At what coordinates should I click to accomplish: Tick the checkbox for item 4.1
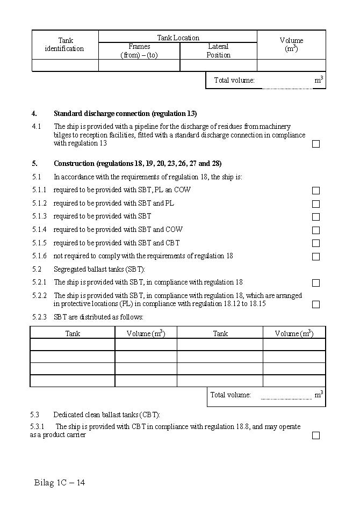click(316, 144)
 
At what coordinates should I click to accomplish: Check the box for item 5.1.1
click(316, 191)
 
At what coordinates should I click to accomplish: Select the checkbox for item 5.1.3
click(316, 217)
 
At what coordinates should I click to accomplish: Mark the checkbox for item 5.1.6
click(316, 257)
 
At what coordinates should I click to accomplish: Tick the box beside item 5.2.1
click(316, 283)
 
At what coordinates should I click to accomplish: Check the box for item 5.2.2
click(316, 304)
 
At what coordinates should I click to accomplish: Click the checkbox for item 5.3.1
click(316, 435)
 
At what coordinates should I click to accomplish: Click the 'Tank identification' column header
click(65, 45)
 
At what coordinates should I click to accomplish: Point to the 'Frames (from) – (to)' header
click(139, 51)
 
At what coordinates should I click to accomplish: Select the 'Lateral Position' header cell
click(218, 51)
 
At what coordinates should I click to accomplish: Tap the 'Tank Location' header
click(178, 38)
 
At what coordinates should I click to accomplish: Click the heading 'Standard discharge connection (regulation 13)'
click(125, 114)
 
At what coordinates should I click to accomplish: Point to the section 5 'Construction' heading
click(137, 164)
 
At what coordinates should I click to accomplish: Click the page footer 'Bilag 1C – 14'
click(60, 483)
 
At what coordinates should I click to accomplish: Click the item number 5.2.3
click(39, 317)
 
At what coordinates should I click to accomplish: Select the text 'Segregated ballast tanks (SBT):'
click(99, 270)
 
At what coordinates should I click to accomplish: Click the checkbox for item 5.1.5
click(316, 243)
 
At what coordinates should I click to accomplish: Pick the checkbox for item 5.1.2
click(316, 204)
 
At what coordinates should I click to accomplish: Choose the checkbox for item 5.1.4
click(316, 230)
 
